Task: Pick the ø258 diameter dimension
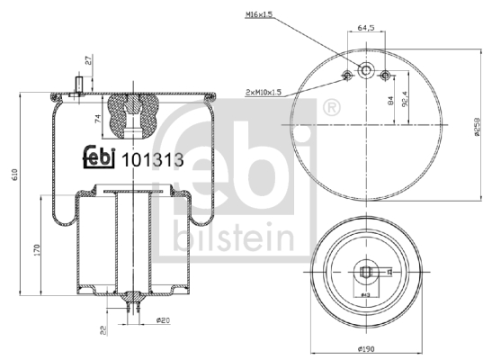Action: [471, 130]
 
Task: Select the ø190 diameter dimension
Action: [366, 348]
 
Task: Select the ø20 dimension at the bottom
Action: [163, 319]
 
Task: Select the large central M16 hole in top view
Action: [367, 71]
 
